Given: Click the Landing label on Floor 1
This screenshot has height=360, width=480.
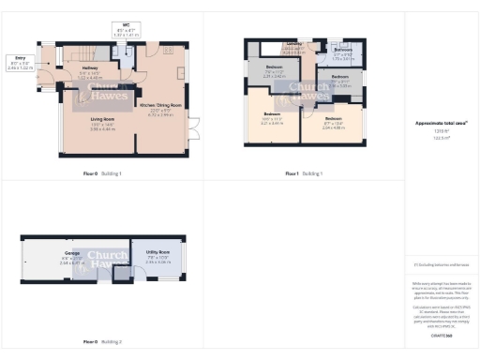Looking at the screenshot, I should [x=294, y=46].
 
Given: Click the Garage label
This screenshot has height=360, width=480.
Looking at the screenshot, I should [x=71, y=253].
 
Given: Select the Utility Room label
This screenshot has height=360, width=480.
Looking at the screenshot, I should [x=157, y=253].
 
